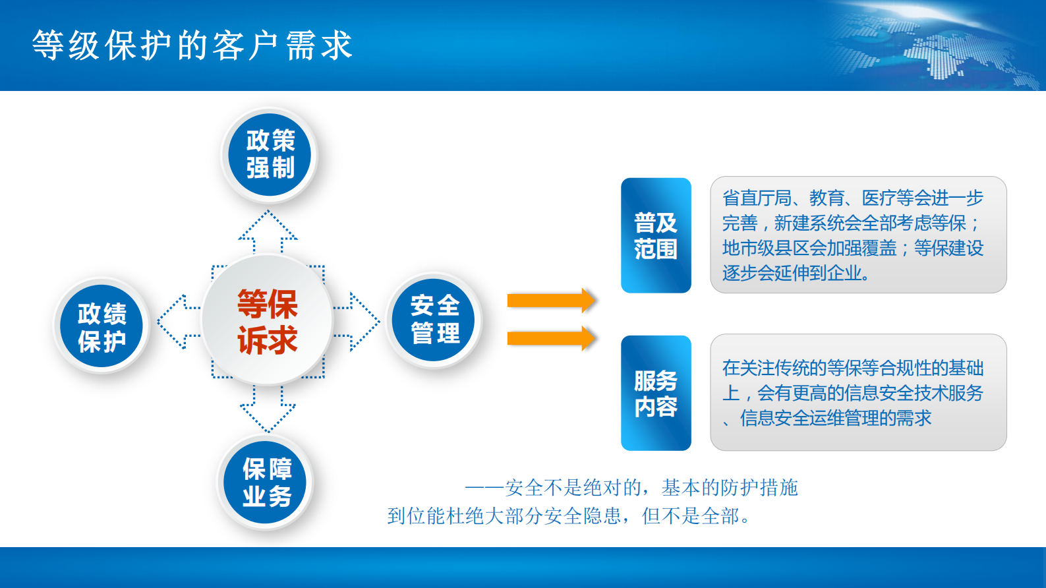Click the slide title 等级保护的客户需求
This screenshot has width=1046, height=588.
click(192, 46)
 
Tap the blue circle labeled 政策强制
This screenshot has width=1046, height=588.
click(270, 154)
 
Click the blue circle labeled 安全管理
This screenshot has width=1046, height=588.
click(434, 320)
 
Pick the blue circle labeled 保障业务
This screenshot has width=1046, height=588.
click(266, 483)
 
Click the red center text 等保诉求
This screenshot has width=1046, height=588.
click(267, 322)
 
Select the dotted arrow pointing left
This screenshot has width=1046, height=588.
click(175, 322)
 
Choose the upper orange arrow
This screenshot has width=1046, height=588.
click(551, 301)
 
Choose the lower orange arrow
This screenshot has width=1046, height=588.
click(551, 338)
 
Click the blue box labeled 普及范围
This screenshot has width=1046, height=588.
click(656, 235)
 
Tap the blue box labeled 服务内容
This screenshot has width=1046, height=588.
click(656, 394)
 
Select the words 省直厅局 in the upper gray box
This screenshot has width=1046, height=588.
click(757, 198)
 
